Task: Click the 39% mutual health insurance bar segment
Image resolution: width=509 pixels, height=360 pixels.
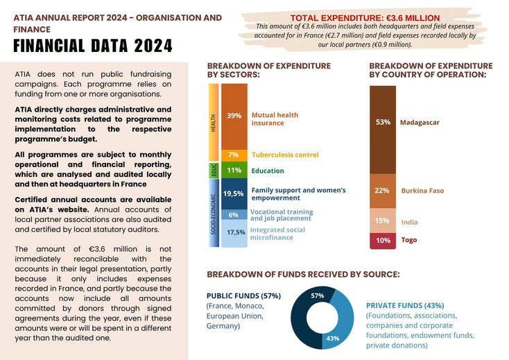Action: (234, 117)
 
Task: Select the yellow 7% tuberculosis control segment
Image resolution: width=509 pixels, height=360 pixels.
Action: (234, 155)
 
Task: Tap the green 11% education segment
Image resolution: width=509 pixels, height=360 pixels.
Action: (234, 170)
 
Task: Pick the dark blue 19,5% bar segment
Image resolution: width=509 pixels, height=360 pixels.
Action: (234, 194)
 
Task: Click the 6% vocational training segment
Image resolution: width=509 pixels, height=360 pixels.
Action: (234, 214)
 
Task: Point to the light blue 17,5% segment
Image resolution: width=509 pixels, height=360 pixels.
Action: (234, 233)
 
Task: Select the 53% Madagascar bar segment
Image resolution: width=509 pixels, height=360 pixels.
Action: (383, 130)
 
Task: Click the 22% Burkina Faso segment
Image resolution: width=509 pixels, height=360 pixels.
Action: (383, 191)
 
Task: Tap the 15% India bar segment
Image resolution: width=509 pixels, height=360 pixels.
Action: (383, 221)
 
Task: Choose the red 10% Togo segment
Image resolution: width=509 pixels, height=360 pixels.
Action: (383, 241)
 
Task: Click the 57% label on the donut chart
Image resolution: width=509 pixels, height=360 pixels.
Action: (317, 295)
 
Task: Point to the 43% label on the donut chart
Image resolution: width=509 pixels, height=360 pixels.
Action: (333, 338)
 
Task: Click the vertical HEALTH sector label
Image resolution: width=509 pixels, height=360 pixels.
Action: (214, 123)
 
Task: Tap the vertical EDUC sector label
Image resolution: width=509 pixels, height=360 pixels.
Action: (214, 171)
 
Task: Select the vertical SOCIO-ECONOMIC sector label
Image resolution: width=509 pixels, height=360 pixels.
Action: (214, 214)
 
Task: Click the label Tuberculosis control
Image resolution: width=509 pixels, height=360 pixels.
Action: (285, 155)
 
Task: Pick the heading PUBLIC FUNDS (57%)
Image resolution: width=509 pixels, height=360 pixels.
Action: (244, 295)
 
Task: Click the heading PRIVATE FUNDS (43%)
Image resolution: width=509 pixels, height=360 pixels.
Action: (405, 305)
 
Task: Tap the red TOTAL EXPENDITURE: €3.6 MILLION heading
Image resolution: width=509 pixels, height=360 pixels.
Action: (365, 18)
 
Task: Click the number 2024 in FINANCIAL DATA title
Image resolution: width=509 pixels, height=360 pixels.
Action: (153, 46)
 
